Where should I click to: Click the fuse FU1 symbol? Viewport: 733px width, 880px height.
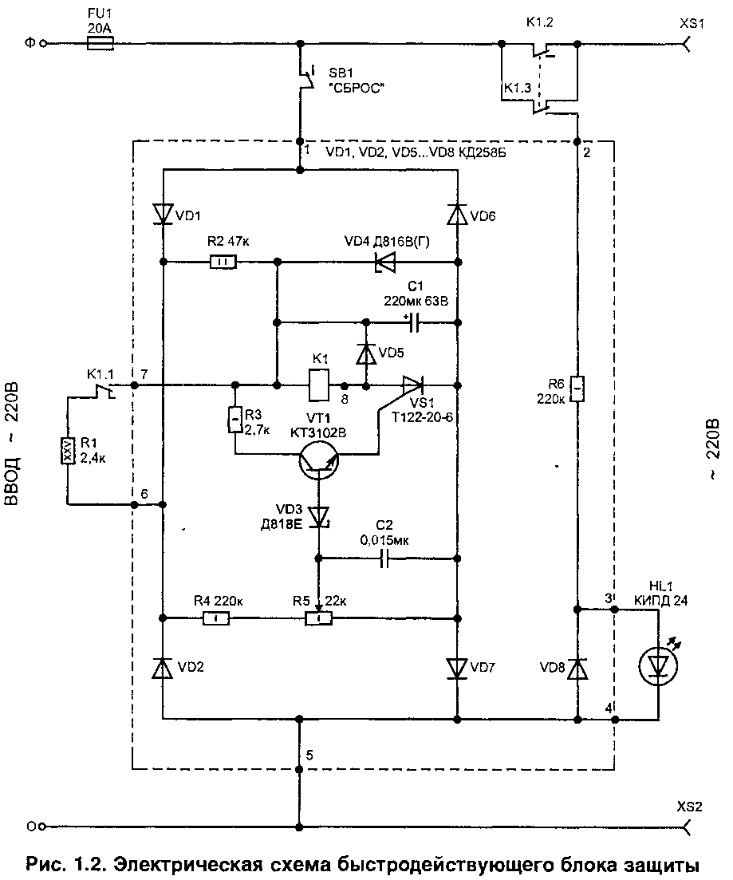point(101,43)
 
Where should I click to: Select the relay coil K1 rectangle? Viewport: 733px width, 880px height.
point(319,385)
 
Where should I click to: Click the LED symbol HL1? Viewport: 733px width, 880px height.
point(658,665)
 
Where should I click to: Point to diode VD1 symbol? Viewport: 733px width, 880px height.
point(163,214)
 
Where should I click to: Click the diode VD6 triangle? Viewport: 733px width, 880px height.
point(457,215)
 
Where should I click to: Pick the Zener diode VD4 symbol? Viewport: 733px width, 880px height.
point(385,262)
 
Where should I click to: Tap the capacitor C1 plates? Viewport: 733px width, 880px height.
point(414,322)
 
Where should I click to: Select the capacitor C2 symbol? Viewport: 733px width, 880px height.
point(384,558)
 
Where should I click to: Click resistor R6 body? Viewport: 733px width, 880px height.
point(577,389)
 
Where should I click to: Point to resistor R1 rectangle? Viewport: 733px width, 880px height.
point(68,451)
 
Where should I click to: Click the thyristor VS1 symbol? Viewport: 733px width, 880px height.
point(412,385)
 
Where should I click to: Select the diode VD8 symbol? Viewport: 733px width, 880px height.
point(577,668)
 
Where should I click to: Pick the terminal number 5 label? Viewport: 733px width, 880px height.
point(309,756)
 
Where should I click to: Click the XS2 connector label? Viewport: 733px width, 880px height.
point(689,807)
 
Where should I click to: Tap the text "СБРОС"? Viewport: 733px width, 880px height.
point(357,88)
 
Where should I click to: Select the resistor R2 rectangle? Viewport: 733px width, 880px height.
point(223,262)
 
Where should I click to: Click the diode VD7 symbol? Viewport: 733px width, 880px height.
point(457,668)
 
